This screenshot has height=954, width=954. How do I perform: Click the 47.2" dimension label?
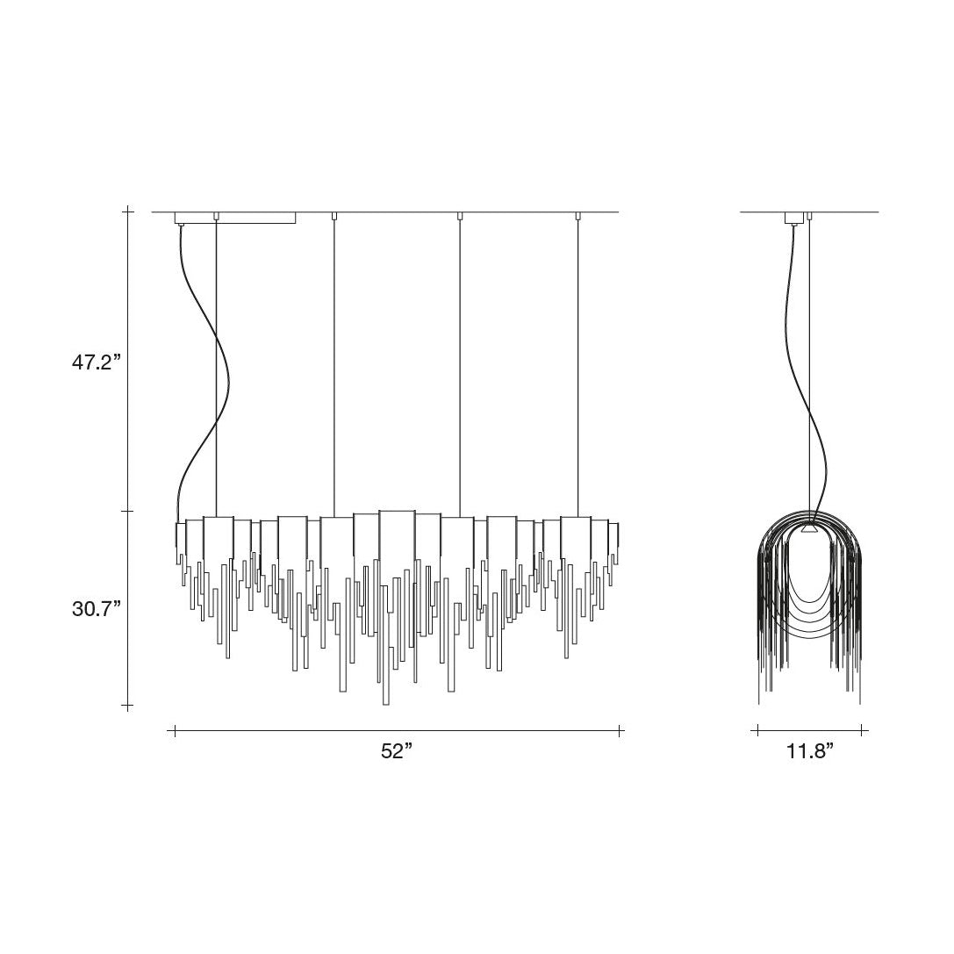[x=97, y=362]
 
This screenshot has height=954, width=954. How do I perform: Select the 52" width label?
[x=397, y=751]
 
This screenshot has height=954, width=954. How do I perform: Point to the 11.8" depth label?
[x=810, y=751]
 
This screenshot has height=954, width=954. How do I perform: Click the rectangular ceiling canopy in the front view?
[x=235, y=218]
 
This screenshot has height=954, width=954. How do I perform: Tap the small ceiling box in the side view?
[x=794, y=218]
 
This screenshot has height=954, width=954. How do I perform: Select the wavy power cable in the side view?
[x=807, y=371]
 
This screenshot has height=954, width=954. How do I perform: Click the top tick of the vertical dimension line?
[x=128, y=212]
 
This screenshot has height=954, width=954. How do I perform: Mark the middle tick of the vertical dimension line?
[x=128, y=511]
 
